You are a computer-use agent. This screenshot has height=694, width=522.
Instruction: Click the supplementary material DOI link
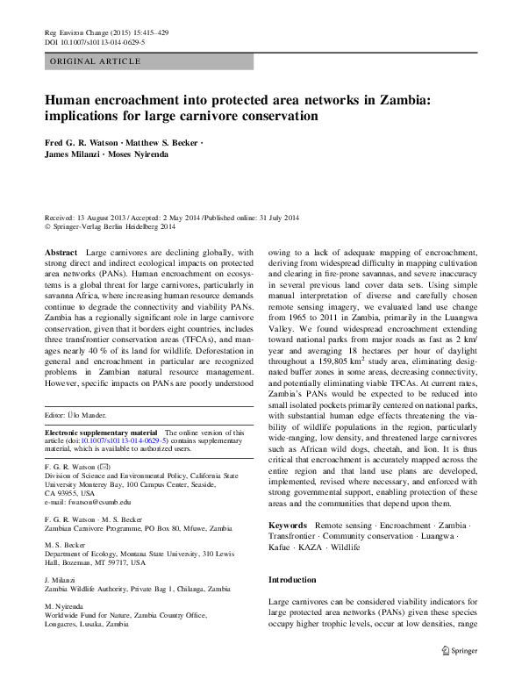pos(131,441)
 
